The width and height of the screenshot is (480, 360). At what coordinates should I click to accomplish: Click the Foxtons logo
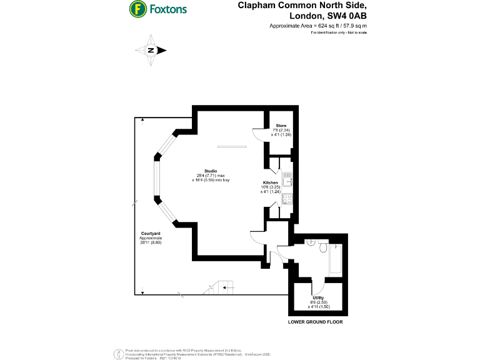(157, 9)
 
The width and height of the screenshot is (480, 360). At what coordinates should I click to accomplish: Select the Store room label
(281, 126)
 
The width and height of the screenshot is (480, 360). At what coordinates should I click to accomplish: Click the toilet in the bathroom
(321, 249)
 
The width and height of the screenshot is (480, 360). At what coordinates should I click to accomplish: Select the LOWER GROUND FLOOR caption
(315, 322)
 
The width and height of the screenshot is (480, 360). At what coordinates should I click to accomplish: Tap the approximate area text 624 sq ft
(332, 26)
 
